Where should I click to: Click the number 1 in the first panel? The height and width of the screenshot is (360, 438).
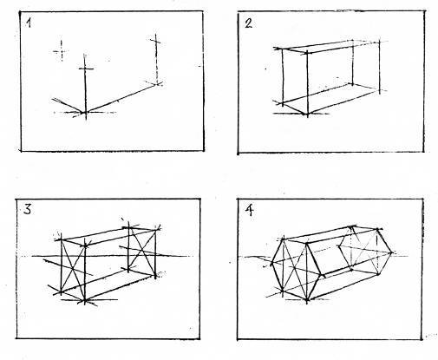[29, 23]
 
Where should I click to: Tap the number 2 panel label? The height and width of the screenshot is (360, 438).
[248, 23]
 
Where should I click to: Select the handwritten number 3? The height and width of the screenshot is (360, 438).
[27, 209]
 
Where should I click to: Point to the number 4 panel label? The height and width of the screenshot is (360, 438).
[249, 211]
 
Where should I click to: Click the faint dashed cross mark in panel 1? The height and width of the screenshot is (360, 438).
[62, 51]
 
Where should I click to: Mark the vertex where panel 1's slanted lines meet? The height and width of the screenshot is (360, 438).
[85, 112]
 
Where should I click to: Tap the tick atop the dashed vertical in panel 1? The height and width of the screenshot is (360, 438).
[156, 41]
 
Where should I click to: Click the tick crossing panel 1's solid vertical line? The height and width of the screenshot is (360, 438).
[86, 69]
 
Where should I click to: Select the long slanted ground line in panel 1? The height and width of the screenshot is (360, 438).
[121, 98]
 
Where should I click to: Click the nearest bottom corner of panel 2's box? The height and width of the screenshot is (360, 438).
[307, 114]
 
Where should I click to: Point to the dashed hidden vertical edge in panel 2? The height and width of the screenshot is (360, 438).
[353, 62]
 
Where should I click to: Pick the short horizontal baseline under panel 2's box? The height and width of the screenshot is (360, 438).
[301, 114]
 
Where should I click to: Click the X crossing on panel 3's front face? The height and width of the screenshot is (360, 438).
[73, 268]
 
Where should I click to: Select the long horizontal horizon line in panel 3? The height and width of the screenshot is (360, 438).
[112, 256]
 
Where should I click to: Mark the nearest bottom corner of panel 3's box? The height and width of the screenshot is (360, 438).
[85, 301]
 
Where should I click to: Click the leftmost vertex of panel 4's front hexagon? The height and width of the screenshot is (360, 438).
[271, 263]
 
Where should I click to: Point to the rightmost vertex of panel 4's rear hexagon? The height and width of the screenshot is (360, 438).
[392, 253]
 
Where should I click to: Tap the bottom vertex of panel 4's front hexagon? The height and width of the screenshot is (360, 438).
[307, 301]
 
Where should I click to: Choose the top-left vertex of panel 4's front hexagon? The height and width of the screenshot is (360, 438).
[284, 239]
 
